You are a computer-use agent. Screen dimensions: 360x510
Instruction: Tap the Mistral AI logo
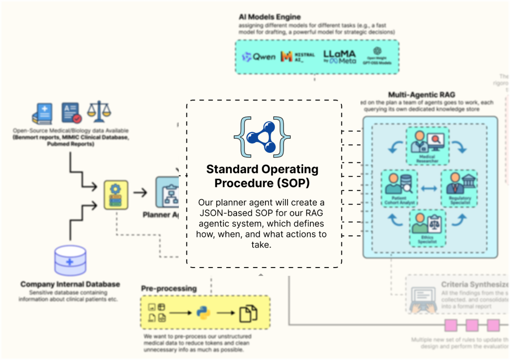(297, 57)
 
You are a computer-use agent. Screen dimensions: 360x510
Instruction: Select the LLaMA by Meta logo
(340, 57)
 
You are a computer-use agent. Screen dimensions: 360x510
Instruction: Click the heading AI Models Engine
(270, 17)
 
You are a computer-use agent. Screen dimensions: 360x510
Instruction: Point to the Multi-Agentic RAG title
(421, 95)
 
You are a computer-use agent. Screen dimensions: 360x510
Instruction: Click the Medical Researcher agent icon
(427, 142)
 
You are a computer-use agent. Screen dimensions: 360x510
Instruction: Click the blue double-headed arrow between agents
(429, 189)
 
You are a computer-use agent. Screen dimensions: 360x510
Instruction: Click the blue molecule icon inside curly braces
(263, 136)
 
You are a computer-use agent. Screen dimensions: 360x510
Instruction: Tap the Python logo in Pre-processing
(203, 312)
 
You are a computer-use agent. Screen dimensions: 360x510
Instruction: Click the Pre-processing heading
(169, 288)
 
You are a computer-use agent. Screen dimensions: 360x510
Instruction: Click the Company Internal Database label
(70, 285)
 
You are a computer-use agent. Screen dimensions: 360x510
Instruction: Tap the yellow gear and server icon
(116, 194)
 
